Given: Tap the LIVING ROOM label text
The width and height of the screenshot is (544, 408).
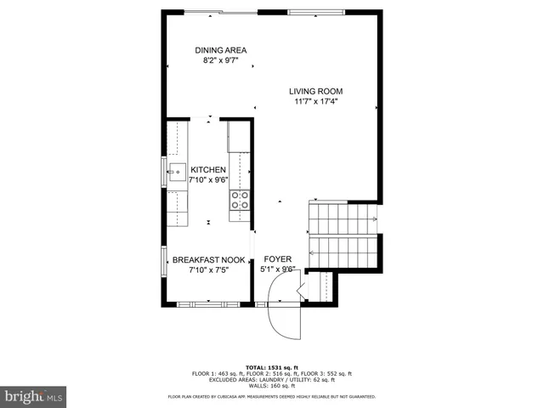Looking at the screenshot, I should pos(315,91).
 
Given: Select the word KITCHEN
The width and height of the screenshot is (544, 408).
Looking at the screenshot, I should pos(208,170).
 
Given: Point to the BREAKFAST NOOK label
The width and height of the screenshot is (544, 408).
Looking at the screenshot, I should pos(209,260).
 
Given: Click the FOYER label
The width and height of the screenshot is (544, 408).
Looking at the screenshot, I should pos(277,259).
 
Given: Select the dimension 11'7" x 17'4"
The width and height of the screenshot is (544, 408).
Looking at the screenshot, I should pos(315,101).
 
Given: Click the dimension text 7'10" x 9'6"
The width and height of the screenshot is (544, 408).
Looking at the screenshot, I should pos(207,180).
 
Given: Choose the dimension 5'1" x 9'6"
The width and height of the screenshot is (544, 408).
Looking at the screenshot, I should pos(277,269).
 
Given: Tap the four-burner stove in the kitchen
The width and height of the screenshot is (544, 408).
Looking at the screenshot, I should pos(240,200).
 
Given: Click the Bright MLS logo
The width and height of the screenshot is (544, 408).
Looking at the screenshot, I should pos(34,396).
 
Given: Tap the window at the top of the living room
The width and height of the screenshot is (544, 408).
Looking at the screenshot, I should pos(316,12).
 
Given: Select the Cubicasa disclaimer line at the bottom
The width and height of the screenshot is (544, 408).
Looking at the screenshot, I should pos(272,396).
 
